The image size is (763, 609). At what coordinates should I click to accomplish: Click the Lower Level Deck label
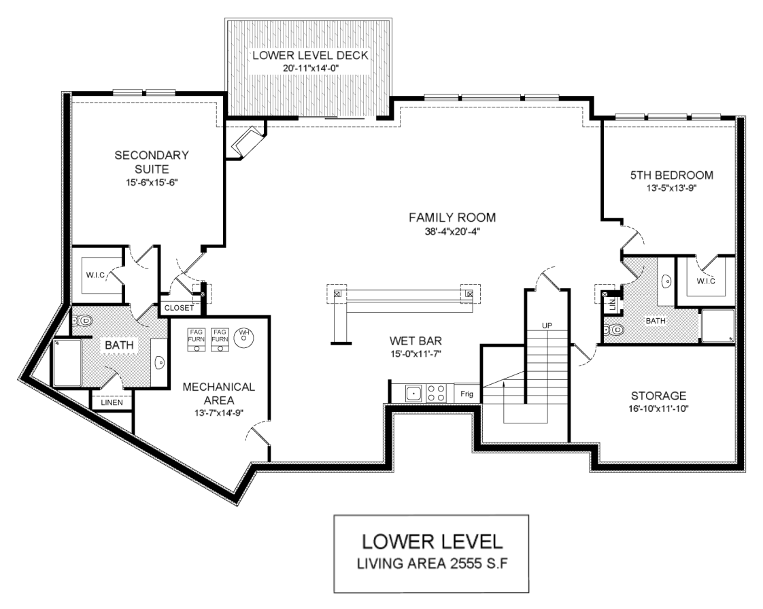[x=310, y=55]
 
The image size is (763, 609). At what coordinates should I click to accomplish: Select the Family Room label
[x=452, y=217]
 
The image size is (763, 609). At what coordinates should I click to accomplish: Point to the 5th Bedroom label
[x=671, y=175]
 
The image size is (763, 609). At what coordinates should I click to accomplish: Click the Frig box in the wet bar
[x=467, y=393]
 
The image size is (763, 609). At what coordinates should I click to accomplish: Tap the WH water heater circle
[x=243, y=336]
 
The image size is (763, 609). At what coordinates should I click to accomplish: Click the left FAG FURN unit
[x=197, y=340]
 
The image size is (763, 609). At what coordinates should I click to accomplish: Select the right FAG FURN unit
[x=220, y=340]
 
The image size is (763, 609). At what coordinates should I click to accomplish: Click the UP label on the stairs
[x=547, y=326]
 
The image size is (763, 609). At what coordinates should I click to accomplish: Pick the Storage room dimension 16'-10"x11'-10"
[x=658, y=408]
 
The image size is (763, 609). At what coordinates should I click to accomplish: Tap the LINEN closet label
[x=112, y=403]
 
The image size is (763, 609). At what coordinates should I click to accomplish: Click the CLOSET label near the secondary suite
[x=179, y=308]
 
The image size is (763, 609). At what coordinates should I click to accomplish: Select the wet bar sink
[x=413, y=393]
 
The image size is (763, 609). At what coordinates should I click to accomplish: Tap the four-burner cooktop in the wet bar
[x=436, y=393]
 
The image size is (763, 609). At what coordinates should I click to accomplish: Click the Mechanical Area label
[x=219, y=394]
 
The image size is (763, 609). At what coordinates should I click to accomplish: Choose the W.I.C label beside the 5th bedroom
[x=706, y=281]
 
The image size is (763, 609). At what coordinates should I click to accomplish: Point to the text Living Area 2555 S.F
[x=432, y=563]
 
